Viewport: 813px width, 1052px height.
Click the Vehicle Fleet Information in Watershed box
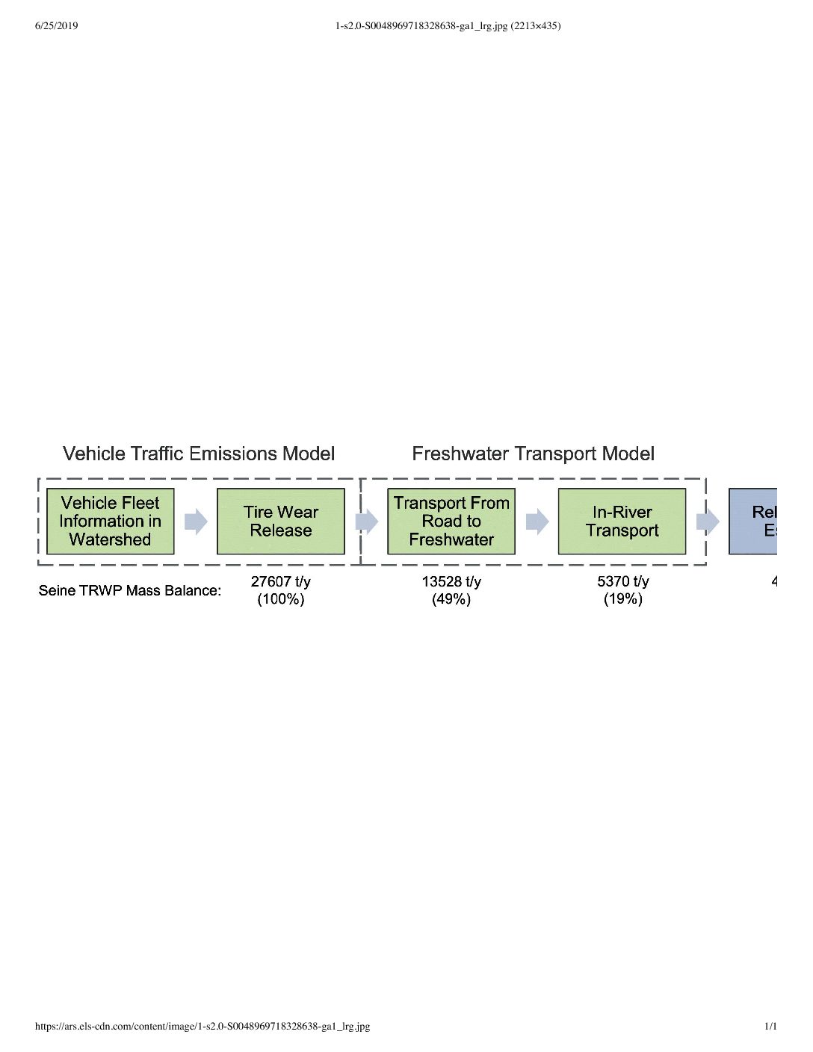click(x=110, y=521)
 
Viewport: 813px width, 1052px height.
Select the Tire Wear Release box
click(x=280, y=521)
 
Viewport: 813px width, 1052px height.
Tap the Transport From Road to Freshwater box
click(x=451, y=521)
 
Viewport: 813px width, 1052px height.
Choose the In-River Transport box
click(x=622, y=521)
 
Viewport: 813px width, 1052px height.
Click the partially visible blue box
click(x=753, y=521)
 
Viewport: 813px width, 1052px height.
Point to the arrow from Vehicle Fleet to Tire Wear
click(x=196, y=522)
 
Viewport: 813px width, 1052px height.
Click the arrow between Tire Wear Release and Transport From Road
click(x=366, y=522)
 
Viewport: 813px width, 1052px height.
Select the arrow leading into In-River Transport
click(x=537, y=522)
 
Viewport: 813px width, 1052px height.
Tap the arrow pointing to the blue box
click(x=708, y=522)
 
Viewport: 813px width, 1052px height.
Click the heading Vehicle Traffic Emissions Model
click(x=199, y=454)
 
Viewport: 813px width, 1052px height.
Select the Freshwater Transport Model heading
click(x=533, y=454)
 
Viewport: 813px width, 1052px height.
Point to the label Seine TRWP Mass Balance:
click(x=130, y=590)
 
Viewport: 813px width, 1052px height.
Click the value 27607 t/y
click(x=280, y=581)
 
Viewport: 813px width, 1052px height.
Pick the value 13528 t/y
click(x=451, y=581)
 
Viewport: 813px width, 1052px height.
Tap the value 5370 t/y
click(x=622, y=581)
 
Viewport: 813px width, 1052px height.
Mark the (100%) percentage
click(x=280, y=599)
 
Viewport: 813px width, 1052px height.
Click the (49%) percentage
click(x=451, y=599)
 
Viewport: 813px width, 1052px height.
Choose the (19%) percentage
click(x=622, y=599)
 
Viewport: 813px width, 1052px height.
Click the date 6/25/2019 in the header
click(x=56, y=26)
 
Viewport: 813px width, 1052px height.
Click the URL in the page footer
click(x=203, y=1026)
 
